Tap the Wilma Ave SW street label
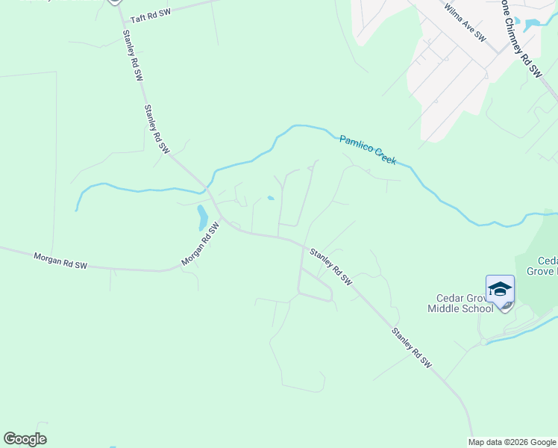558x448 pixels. pyautogui.click(x=464, y=23)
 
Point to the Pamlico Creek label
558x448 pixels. pyautogui.click(x=367, y=149)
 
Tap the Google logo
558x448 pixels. pyautogui.click(x=25, y=439)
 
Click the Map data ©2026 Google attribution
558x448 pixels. pyautogui.click(x=512, y=442)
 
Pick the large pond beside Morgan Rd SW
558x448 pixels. pyautogui.click(x=201, y=217)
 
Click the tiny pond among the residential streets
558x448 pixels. pyautogui.click(x=270, y=199)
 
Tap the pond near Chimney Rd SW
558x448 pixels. pyautogui.click(x=532, y=24)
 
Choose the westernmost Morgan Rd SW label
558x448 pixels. pyautogui.click(x=60, y=261)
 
